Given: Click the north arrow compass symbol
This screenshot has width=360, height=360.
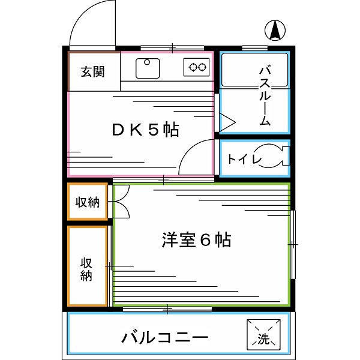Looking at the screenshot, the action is point(275,30).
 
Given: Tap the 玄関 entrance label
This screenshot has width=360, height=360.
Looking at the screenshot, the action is point(93,71).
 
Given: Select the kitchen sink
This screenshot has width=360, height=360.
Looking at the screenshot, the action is point(148,68).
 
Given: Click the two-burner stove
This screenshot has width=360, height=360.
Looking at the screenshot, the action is point(197,67).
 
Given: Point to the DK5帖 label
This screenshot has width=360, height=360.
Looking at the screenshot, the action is point(146,130).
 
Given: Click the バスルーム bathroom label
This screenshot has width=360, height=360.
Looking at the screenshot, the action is point(265,96).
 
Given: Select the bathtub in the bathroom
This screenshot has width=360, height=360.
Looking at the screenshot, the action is point(254,70).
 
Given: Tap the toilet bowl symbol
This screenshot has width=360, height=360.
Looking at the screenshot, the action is point(273,156).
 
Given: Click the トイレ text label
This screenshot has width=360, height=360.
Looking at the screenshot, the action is point(244,159).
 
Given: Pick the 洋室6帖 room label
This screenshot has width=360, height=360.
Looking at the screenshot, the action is point(197,240).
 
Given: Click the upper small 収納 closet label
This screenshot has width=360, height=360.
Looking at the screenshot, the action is point(88,202).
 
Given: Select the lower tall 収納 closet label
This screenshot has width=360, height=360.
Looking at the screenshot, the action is point(86,269).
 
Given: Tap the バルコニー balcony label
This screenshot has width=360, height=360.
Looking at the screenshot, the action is point(165,337).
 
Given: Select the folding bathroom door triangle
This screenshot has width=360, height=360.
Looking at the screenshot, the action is point(227,122).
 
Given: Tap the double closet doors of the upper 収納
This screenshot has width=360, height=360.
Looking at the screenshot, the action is point(122,202).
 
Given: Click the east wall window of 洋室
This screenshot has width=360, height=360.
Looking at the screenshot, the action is point(293,245).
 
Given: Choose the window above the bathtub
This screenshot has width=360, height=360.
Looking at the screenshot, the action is point(255,48).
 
